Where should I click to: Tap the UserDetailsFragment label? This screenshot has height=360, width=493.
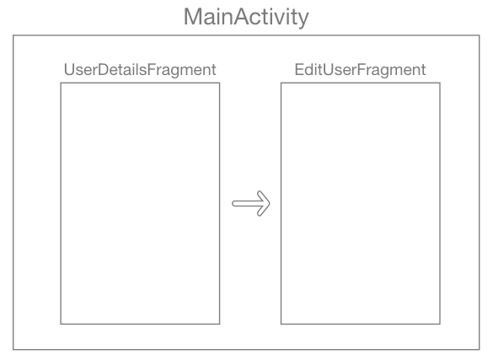coord(139,68)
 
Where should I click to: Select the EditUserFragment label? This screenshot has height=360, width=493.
coord(360,68)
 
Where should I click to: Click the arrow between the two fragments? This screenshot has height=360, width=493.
coord(250,203)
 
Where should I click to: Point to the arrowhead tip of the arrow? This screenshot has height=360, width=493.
coord(269,203)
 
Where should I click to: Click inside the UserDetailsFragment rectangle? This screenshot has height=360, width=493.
coord(140,202)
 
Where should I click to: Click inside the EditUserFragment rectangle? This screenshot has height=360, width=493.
coord(360,202)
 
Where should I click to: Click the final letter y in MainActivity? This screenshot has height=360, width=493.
coord(303,18)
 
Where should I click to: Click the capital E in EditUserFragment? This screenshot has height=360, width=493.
coord(299,68)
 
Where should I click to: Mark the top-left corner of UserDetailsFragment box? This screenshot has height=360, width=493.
coord(61,83)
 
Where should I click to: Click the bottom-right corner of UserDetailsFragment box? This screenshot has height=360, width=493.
coord(219,324)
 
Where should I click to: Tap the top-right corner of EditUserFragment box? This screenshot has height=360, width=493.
coord(439,83)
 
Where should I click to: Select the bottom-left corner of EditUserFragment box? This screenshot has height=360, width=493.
coord(281,324)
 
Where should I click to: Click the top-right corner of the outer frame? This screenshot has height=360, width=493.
coord(480,35)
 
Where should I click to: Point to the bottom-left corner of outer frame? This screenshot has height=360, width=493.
coord(13,347)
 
